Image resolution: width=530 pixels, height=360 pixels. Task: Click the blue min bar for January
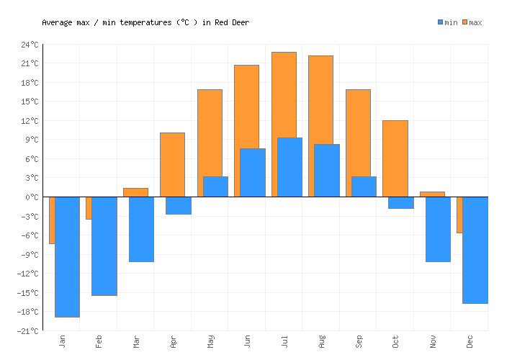tap(67, 256)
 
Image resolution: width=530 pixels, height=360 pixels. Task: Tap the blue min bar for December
tap(475, 250)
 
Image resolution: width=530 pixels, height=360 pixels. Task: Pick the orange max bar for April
tap(172, 164)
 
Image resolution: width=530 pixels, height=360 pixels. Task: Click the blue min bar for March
tap(141, 229)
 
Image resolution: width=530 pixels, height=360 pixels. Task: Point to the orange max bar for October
tap(395, 158)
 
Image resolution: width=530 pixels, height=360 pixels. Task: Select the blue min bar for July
tap(289, 167)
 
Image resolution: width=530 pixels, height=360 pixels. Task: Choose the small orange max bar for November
tap(432, 194)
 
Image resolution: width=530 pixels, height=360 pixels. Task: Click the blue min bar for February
tap(104, 246)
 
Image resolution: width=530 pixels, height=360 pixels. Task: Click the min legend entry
tap(447, 22)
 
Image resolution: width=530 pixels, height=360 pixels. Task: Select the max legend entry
tap(472, 22)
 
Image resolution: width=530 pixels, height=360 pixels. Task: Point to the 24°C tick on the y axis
tap(30, 45)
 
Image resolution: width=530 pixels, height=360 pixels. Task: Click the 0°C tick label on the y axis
tap(32, 197)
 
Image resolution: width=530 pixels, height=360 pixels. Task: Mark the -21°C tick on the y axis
tap(28, 330)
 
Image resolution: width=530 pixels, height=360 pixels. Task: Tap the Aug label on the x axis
tap(321, 341)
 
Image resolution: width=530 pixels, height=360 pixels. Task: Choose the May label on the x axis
tap(210, 341)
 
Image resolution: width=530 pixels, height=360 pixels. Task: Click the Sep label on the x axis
tap(359, 341)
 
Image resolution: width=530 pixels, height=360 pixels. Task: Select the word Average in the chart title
tap(57, 22)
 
